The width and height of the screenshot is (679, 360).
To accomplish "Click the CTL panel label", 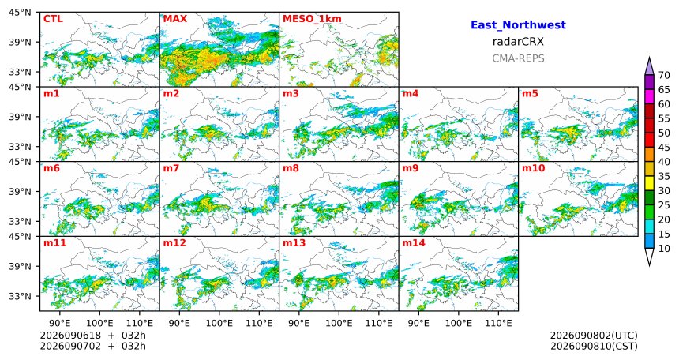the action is point(53,19).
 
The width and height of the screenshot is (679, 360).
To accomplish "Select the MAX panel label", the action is point(175,19).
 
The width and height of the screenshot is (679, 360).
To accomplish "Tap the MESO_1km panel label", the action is point(312,19).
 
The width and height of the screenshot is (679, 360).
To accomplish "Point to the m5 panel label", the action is point(530,93).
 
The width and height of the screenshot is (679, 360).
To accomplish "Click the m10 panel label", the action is point(533,168).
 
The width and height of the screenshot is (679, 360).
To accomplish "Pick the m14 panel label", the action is point(414,243).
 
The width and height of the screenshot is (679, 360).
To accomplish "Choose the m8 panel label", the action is point(291,168).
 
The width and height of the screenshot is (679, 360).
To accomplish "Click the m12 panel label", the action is point(174,243).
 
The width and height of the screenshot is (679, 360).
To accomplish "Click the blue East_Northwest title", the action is point(518,25).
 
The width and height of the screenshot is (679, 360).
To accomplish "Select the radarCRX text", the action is point(518,42).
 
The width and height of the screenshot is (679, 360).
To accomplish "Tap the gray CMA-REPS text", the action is point(518,58).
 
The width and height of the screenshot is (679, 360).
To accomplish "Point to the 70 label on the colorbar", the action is point(664,75).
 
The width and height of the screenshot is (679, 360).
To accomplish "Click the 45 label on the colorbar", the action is point(664,148).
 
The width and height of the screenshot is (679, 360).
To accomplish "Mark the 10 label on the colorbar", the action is point(664,248).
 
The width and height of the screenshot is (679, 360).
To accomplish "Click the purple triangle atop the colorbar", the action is point(649,67).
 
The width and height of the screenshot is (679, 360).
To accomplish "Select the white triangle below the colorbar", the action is point(649,256).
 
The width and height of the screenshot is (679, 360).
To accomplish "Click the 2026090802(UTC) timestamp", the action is point(594,336).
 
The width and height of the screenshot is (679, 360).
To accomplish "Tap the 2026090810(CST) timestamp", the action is point(594,346).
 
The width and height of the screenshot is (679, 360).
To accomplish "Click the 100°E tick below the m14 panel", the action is point(459,323).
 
